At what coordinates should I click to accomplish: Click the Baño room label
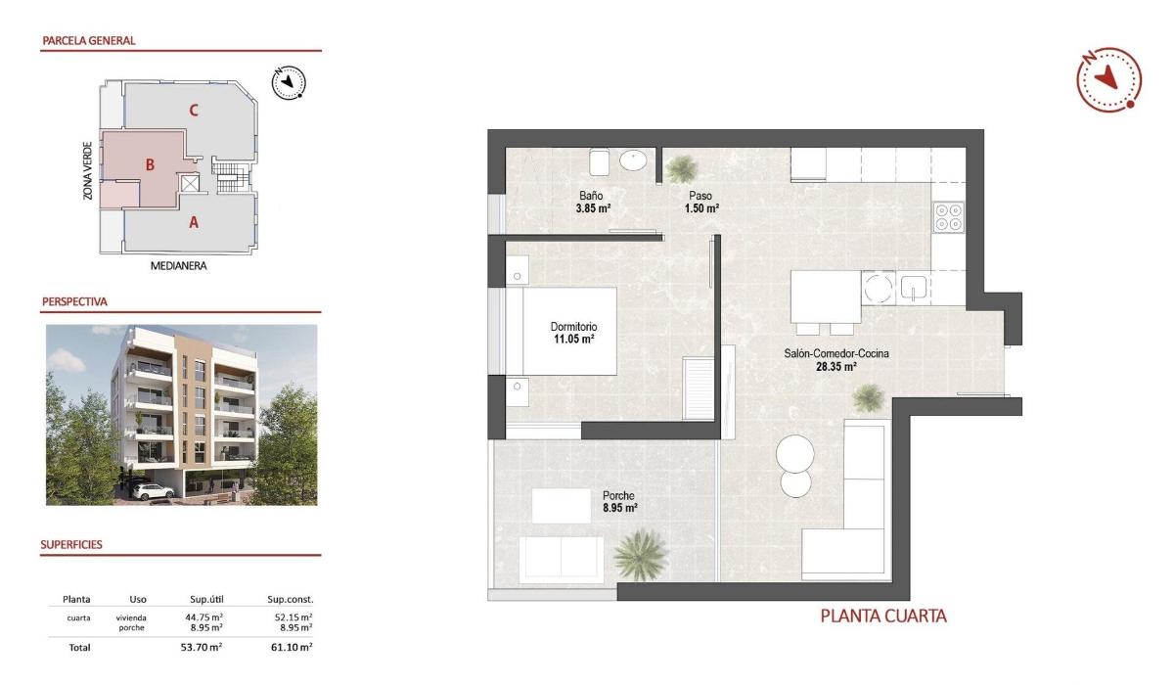tap(590, 196)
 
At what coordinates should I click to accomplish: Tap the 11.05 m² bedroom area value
tap(573, 340)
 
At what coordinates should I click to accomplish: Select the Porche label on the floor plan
tap(619, 496)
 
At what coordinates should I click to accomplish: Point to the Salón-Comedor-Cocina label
tap(836, 354)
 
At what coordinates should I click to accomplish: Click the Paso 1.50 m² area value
tap(701, 208)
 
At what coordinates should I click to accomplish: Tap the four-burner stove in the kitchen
tap(948, 216)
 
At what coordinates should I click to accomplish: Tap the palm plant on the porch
tap(639, 554)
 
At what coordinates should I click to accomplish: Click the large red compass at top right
tap(1108, 79)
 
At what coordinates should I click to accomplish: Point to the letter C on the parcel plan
tap(194, 110)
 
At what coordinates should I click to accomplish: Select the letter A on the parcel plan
tap(194, 222)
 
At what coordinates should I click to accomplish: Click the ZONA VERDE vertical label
tap(88, 169)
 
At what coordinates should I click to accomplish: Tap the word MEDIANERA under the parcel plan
tap(179, 265)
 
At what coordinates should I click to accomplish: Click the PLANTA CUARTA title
tap(882, 616)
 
